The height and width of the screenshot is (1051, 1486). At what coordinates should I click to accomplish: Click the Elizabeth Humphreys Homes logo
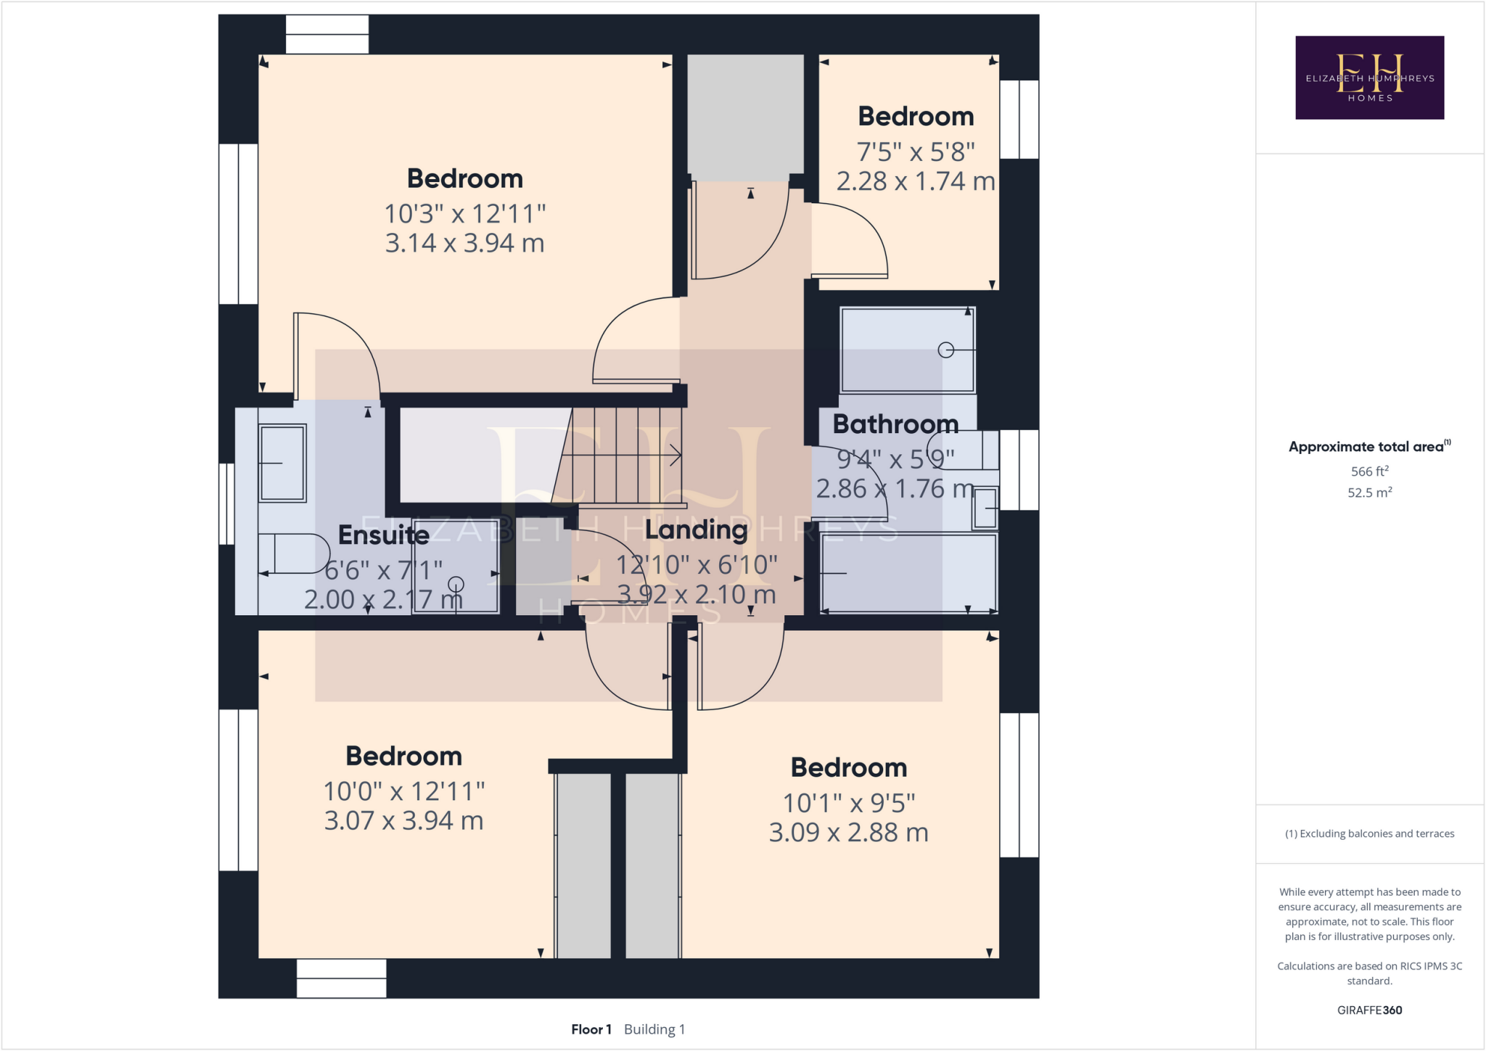point(1369,78)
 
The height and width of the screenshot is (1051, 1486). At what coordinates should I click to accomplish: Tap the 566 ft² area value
point(1369,471)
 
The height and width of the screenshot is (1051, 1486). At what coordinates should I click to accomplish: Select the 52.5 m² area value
point(1369,492)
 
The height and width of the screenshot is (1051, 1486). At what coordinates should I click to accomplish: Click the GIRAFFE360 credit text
point(1369,1010)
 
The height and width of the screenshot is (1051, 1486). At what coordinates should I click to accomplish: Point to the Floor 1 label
point(591,1029)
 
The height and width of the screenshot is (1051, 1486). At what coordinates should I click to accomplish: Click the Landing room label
point(696,530)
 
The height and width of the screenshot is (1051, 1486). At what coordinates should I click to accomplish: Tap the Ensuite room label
point(383,535)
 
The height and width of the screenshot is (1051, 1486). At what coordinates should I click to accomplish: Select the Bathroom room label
point(895,424)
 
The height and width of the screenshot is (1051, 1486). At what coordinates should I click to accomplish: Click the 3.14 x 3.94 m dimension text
point(464,243)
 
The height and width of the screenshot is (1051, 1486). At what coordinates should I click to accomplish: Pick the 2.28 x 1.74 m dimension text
point(915,181)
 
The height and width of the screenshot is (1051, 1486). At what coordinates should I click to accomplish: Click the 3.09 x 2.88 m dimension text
point(848,832)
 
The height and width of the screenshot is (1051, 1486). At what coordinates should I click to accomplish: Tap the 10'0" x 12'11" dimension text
point(403,791)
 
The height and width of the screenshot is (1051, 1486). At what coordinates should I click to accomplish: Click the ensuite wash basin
point(282,463)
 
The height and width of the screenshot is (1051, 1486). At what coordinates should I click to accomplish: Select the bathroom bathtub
point(908,573)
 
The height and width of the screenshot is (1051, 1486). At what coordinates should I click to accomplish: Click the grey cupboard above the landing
point(745,116)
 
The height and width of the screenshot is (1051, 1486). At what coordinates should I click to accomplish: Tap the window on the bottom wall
point(341,978)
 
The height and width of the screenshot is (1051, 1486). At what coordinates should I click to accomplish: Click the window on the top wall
point(327,34)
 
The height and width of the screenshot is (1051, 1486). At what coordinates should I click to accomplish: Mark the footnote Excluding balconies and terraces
point(1369,833)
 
